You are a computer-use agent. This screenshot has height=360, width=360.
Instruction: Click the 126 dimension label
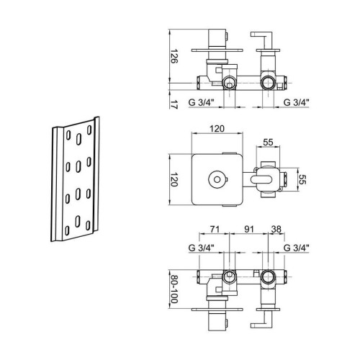click(174, 56)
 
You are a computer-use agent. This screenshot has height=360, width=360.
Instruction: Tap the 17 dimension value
click(174, 105)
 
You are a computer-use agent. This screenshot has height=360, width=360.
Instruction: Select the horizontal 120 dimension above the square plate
click(217, 129)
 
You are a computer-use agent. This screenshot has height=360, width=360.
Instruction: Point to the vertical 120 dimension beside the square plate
click(174, 179)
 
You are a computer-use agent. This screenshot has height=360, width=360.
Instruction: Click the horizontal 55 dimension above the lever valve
click(268, 143)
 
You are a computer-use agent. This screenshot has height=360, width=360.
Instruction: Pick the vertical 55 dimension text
click(302, 179)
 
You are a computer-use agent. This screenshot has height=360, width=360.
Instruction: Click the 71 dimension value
click(215, 229)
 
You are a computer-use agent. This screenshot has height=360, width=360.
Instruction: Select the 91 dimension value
click(249, 229)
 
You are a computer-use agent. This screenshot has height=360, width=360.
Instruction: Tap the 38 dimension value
click(276, 229)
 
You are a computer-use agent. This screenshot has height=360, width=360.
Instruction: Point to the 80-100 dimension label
click(174, 289)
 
